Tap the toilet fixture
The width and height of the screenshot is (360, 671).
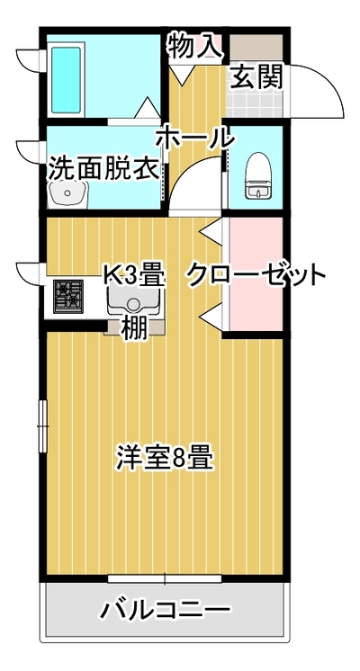click(257, 175)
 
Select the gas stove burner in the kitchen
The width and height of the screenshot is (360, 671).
click(68, 296)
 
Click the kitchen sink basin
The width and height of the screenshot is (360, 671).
click(133, 301)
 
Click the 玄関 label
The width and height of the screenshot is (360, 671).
click(257, 77)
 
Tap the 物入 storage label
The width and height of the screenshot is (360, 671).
click(195, 46)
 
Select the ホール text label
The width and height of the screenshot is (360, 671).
click(195, 139)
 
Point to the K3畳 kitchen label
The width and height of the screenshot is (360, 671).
click(135, 276)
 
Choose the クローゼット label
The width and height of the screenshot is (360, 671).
click(255, 276)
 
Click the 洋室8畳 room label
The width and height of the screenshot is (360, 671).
click(165, 458)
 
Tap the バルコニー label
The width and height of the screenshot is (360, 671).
click(166, 609)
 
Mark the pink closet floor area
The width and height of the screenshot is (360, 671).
click(256, 273)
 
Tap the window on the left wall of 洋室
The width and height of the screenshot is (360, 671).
click(43, 425)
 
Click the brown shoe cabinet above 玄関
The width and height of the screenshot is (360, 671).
click(256, 47)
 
